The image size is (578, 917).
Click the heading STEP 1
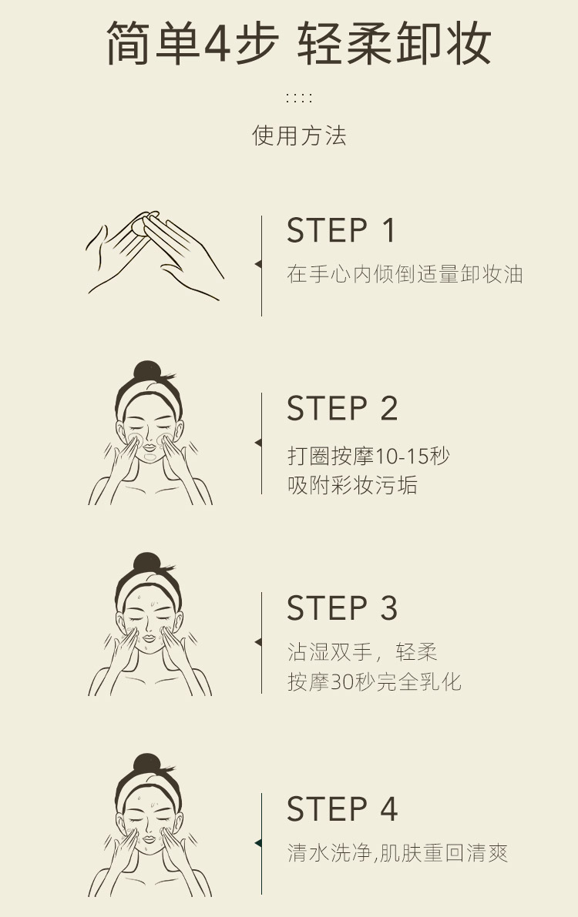[341, 230]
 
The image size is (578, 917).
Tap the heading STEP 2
[342, 408]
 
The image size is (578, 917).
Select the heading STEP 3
[342, 608]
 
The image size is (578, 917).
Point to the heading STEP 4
[342, 808]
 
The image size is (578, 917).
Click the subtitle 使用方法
[299, 135]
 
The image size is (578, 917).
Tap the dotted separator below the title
[299, 97]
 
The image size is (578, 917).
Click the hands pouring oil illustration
[155, 255]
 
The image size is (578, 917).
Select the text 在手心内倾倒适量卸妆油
[405, 273]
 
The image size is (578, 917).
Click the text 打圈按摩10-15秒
[368, 456]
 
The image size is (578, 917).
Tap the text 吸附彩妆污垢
[352, 485]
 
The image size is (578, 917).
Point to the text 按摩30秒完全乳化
[375, 681]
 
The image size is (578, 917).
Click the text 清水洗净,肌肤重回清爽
[398, 852]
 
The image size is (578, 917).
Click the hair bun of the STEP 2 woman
[147, 371]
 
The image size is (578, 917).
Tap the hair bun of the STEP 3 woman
[147, 563]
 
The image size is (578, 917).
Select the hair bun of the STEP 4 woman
[147, 765]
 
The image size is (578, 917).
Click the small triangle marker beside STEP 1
[258, 264]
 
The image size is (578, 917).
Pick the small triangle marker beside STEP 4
[258, 843]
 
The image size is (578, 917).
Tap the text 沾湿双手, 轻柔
[362, 652]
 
